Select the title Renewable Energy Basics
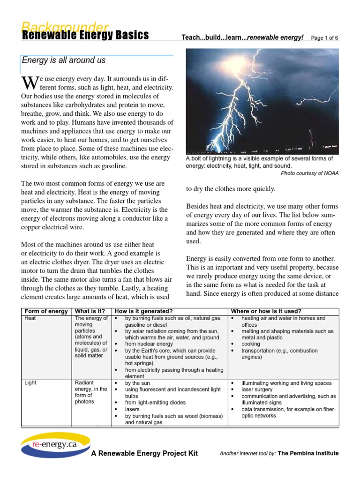click(x=85, y=36)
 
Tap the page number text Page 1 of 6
click(x=324, y=38)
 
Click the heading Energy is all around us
click(x=64, y=60)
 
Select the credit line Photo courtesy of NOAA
click(x=309, y=173)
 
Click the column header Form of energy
click(x=46, y=311)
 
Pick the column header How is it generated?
click(x=144, y=311)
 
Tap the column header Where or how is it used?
click(x=266, y=311)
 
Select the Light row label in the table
click(x=30, y=383)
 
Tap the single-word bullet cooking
click(x=251, y=344)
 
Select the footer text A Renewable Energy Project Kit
click(x=144, y=453)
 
